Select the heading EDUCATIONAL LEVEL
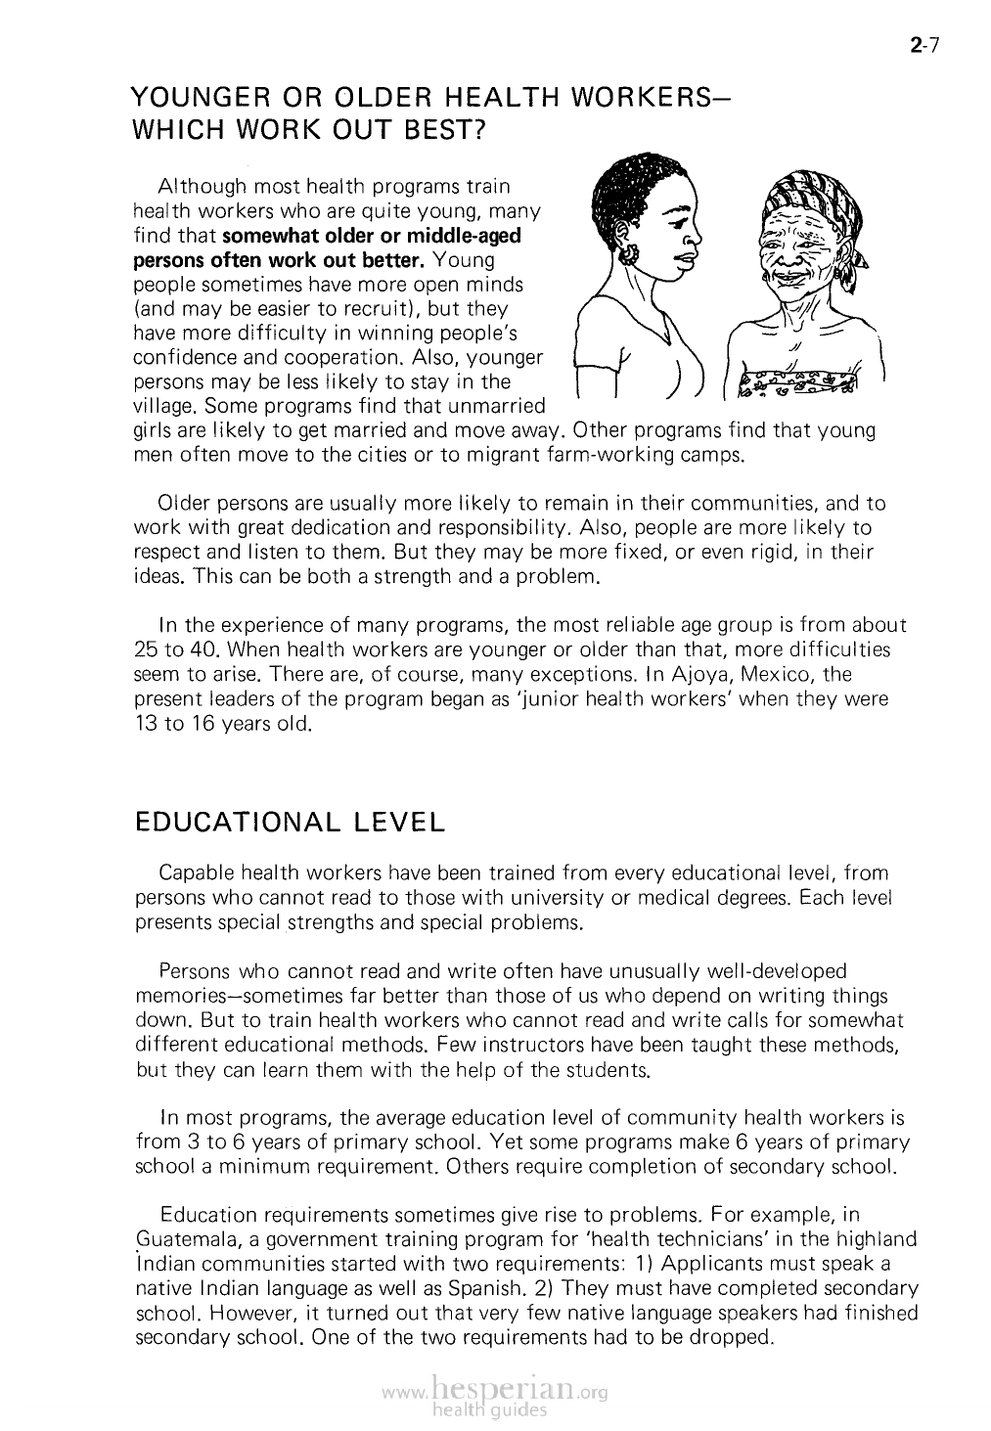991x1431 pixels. (x=289, y=822)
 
